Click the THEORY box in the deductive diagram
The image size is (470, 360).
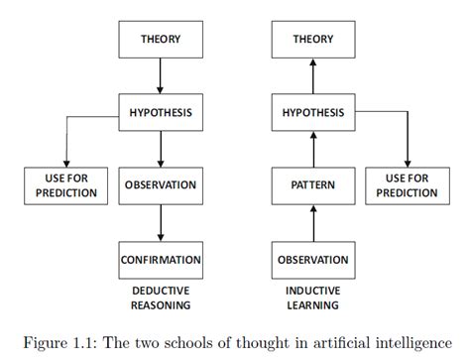(160, 40)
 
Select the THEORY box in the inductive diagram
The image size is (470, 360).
(312, 40)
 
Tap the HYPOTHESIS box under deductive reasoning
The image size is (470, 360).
(160, 112)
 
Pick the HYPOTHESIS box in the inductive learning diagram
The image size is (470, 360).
(312, 112)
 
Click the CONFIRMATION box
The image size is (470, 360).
(160, 260)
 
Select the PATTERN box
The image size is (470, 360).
(312, 184)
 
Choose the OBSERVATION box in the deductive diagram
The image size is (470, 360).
(160, 184)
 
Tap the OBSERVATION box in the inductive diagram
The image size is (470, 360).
(312, 260)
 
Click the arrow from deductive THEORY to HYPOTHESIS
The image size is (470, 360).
(160, 76)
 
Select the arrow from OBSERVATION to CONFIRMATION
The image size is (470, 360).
(160, 222)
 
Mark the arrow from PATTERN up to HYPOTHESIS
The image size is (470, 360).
(312, 149)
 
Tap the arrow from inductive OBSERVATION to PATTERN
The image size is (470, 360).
(312, 222)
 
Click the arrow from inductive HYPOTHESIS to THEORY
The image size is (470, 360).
(312, 76)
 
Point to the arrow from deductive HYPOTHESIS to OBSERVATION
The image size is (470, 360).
(160, 149)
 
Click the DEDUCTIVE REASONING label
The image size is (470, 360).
(160, 297)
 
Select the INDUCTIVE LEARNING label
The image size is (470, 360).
(312, 297)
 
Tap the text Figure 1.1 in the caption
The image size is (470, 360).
(63, 342)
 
